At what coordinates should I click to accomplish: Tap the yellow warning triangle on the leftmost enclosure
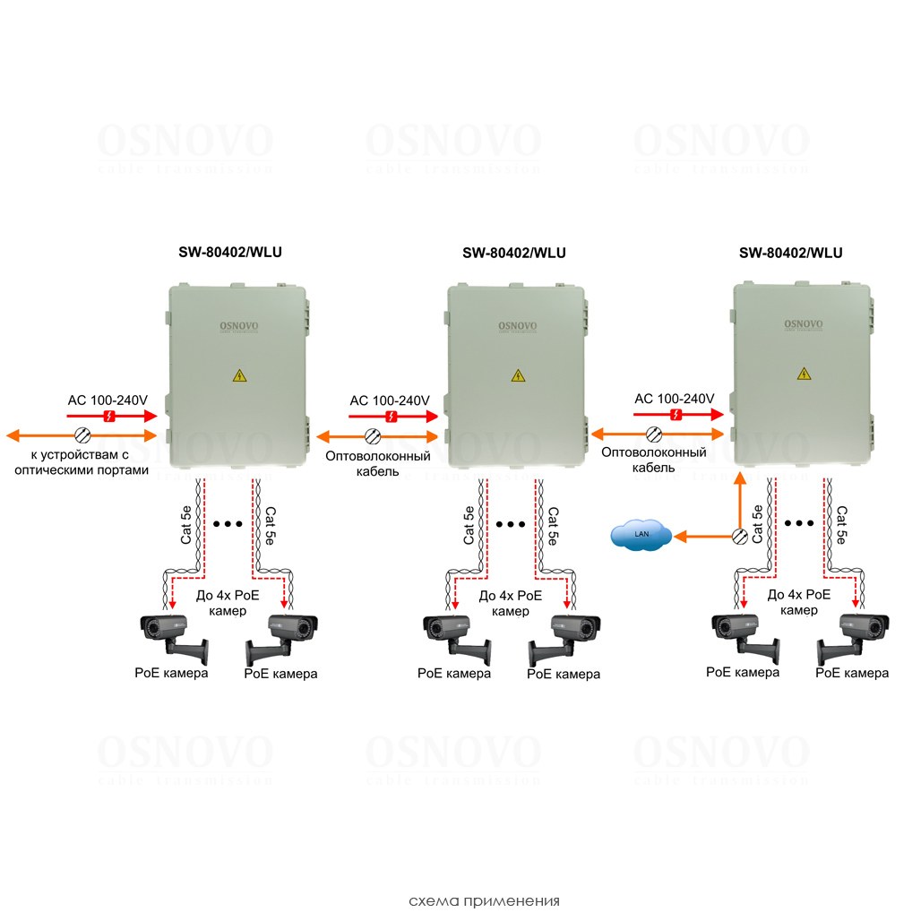click(x=238, y=376)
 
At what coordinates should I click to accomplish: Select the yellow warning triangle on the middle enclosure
click(x=517, y=376)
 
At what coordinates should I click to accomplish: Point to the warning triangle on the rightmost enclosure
click(x=803, y=376)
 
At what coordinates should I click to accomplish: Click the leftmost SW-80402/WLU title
click(x=230, y=253)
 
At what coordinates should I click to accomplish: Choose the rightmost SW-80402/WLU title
click(x=790, y=253)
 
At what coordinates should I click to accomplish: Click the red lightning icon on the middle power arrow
click(x=392, y=417)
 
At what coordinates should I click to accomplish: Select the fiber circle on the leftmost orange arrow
click(x=82, y=436)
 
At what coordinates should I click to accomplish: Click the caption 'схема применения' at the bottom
click(x=484, y=900)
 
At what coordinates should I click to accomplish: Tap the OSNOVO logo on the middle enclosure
click(x=517, y=326)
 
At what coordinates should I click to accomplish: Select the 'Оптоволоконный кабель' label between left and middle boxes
click(x=377, y=463)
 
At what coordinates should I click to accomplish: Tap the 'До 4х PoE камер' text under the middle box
click(x=511, y=602)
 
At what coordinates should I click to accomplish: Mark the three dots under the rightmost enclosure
click(x=797, y=522)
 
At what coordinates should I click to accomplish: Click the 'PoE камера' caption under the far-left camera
click(x=171, y=673)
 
